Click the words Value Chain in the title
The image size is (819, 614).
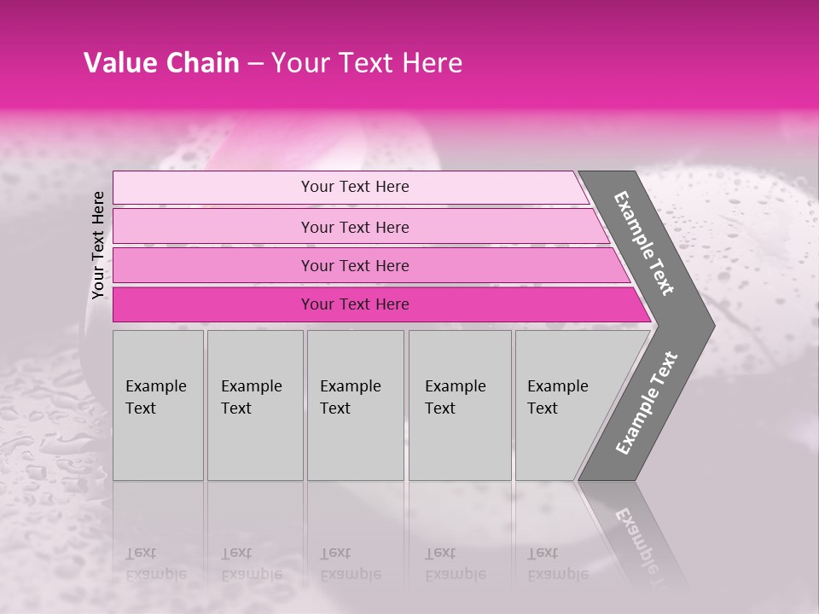[161, 63]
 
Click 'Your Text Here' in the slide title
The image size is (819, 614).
[367, 63]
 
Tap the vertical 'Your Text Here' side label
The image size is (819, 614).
[98, 245]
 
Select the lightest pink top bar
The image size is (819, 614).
[213, 188]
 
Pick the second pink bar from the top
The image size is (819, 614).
[213, 227]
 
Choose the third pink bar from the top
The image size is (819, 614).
[213, 265]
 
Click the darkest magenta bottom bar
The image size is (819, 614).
[213, 304]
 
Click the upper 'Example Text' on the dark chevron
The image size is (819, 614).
[644, 244]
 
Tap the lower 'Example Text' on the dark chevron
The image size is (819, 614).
[647, 403]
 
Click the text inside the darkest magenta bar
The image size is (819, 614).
[355, 304]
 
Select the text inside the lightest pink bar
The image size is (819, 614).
[355, 187]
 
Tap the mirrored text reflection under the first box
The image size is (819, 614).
[155, 564]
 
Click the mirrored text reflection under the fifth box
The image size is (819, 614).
[557, 564]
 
